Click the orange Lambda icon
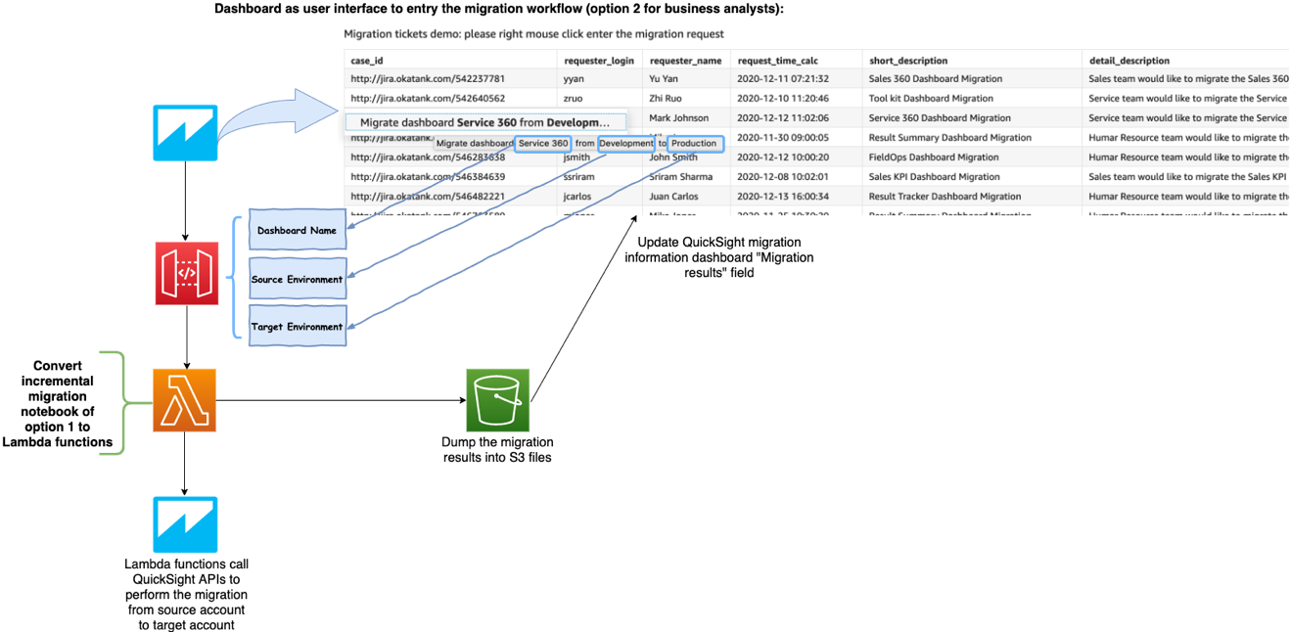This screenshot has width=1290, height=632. [185, 400]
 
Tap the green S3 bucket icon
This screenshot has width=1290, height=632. [497, 400]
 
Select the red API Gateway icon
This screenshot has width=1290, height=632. [187, 273]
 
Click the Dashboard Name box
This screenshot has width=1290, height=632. [297, 231]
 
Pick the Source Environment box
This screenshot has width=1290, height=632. [297, 279]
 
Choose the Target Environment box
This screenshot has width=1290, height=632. [297, 327]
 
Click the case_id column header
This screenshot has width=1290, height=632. [367, 61]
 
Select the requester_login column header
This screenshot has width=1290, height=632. [599, 61]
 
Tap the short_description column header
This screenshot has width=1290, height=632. [908, 61]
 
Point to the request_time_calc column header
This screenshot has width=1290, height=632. [777, 61]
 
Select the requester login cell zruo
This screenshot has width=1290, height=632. [576, 98]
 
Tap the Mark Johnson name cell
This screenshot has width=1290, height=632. [679, 118]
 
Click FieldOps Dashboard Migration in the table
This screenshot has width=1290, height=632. [920, 157]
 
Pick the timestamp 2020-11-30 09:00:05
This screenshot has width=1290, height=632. [783, 138]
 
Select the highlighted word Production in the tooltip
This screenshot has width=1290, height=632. [694, 144]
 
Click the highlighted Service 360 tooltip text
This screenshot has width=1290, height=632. [543, 144]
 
